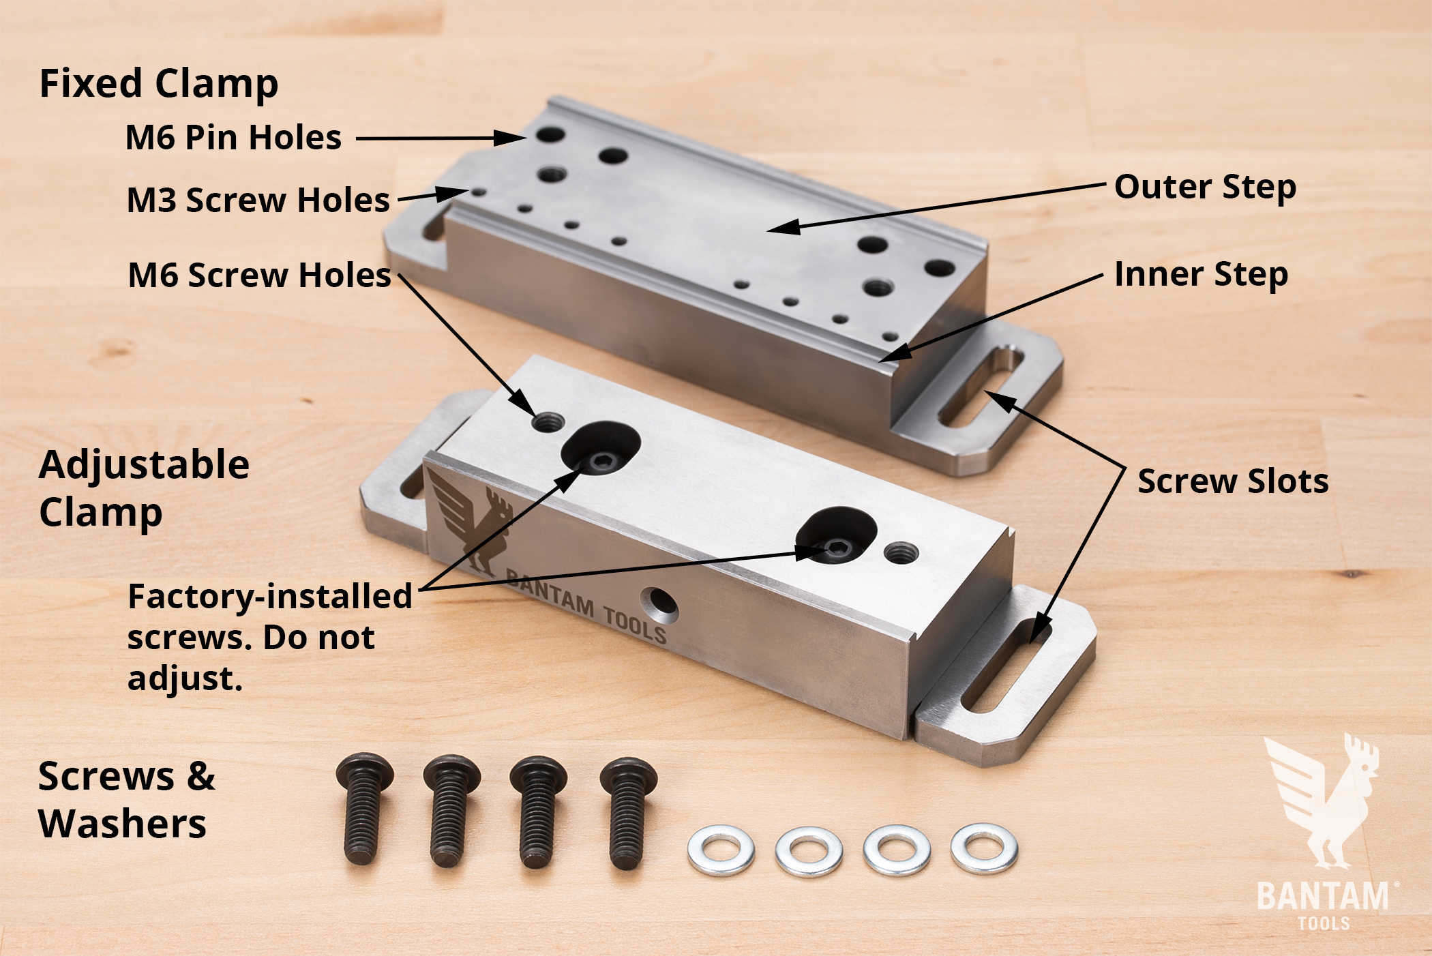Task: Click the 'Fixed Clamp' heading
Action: [x=159, y=85]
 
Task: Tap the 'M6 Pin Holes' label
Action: [x=233, y=137]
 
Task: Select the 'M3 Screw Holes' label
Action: [x=258, y=200]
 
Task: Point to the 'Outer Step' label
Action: [x=1205, y=188]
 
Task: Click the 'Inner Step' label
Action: [x=1201, y=275]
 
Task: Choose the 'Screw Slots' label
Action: [x=1233, y=481]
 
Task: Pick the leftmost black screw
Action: [x=363, y=808]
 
